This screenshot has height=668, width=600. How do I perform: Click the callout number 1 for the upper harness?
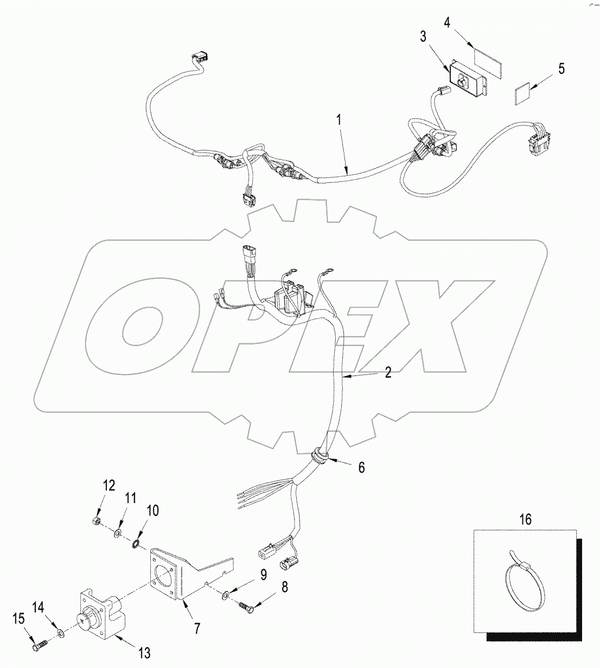pyautogui.click(x=340, y=119)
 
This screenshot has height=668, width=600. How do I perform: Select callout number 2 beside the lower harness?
pyautogui.click(x=388, y=372)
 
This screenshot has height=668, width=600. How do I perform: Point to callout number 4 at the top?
pyautogui.click(x=446, y=22)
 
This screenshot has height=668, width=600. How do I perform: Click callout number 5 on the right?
pyautogui.click(x=561, y=68)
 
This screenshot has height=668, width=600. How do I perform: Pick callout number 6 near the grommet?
pyautogui.click(x=361, y=467)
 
